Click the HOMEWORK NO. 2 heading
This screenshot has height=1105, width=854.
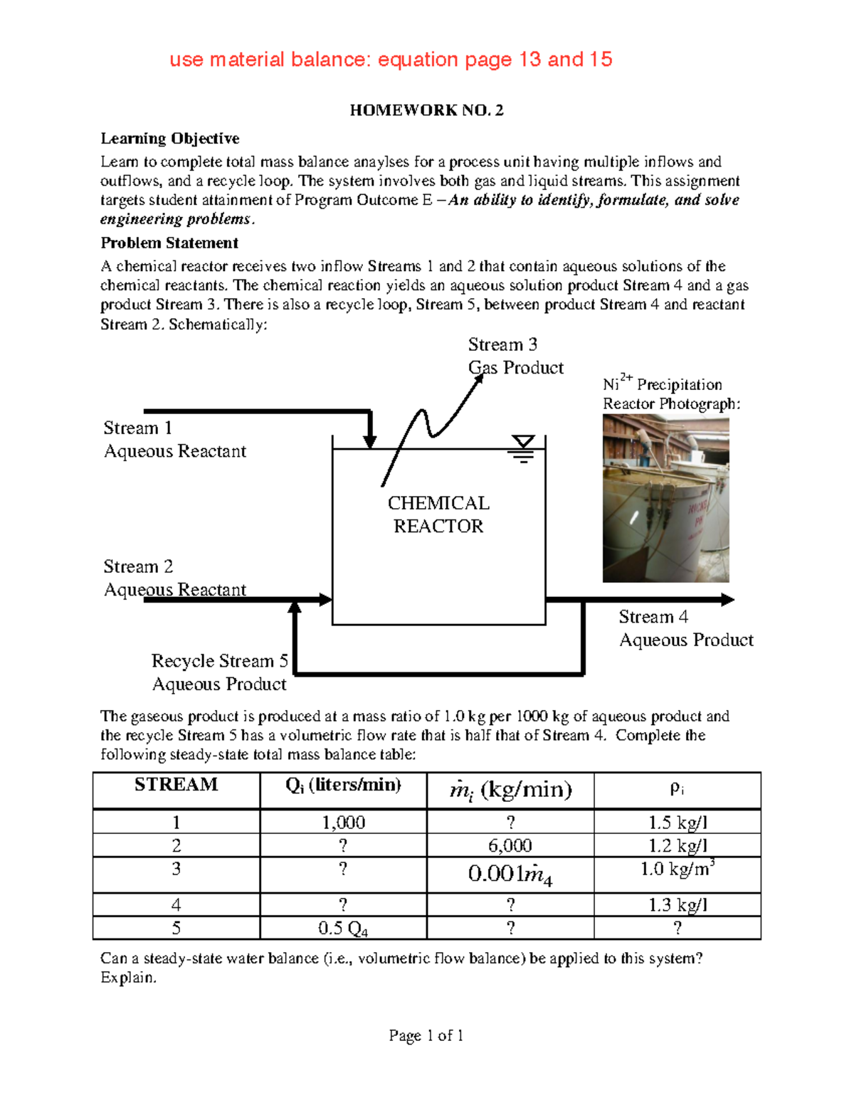click(426, 110)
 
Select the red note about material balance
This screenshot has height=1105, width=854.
click(391, 60)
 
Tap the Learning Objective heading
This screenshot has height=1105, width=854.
click(169, 139)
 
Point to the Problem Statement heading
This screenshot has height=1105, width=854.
click(169, 243)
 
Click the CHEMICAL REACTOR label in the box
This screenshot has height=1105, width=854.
click(438, 514)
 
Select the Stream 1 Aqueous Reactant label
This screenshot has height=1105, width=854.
click(174, 440)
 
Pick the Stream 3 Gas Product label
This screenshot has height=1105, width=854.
click(515, 356)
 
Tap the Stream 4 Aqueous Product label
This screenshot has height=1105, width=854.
click(685, 628)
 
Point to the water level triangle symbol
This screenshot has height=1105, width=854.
click(523, 443)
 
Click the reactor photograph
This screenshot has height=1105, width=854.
click(665, 499)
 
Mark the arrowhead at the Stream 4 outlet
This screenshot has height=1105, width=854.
click(727, 600)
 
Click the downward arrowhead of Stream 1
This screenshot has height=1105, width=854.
click(369, 440)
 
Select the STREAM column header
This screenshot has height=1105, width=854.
click(176, 785)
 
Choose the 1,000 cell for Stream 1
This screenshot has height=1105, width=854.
click(343, 823)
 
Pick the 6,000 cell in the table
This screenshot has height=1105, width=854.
click(510, 846)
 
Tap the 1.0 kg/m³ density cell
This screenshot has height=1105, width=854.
click(677, 869)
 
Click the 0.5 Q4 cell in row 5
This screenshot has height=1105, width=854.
click(343, 929)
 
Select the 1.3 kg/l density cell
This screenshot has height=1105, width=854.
click(677, 905)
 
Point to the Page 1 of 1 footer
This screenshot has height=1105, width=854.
click(426, 1036)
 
